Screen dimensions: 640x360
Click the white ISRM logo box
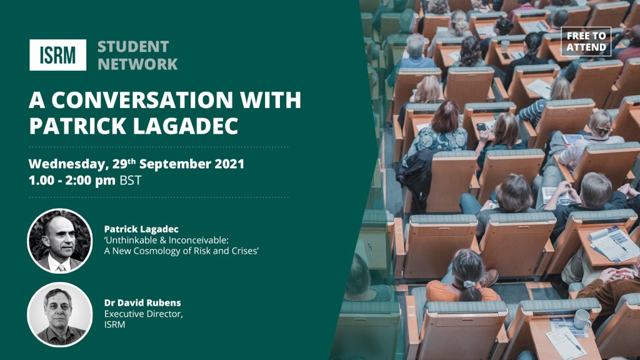tap(57, 55)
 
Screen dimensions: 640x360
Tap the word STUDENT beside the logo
tap(133, 46)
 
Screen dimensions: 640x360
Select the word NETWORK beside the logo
tap(137, 64)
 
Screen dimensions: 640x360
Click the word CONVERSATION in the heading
tap(142, 100)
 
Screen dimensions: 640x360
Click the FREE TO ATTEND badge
tap(586, 41)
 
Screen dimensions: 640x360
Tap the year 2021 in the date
tap(229, 164)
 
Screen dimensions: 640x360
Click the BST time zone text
tap(131, 181)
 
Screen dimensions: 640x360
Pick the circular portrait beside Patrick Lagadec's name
tap(60, 241)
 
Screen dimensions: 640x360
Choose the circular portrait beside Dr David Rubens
tap(60, 314)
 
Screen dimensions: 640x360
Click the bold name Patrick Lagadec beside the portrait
tap(141, 229)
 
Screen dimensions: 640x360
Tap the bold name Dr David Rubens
tap(142, 303)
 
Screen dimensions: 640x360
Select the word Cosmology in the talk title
tap(156, 251)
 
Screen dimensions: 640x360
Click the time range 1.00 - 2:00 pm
tap(72, 181)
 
